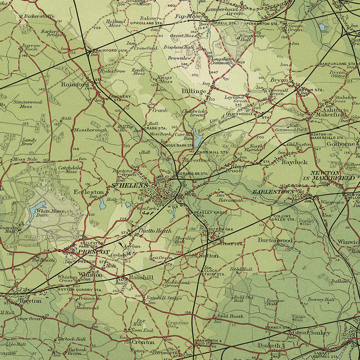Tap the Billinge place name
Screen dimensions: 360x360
194,91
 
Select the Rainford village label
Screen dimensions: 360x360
75,84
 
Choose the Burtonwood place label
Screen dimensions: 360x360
275,240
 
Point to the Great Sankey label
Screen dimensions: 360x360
311,332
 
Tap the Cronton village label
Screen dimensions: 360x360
143,342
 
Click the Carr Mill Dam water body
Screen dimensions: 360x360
195,134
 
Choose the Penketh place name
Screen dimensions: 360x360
269,345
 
